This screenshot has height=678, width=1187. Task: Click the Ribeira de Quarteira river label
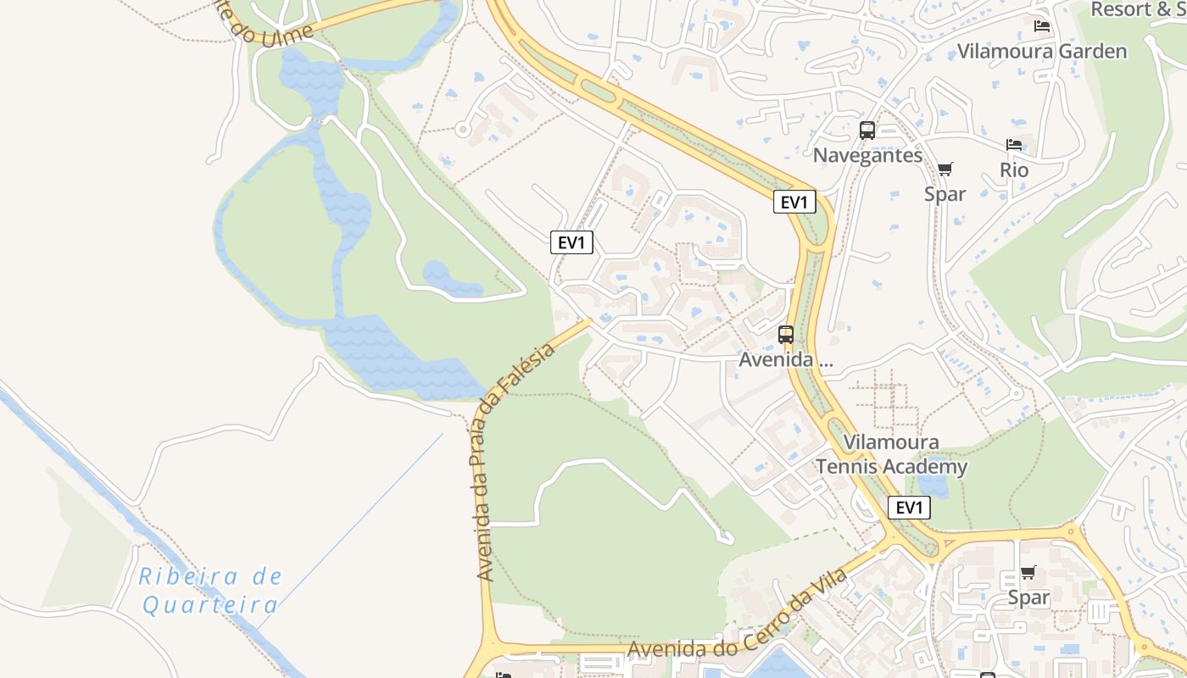pyautogui.click(x=210, y=591)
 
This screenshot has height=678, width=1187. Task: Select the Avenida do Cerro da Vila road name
pyautogui.click(x=737, y=622)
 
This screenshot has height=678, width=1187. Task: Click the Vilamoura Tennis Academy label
pyautogui.click(x=891, y=454)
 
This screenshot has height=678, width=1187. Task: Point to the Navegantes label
pyautogui.click(x=867, y=155)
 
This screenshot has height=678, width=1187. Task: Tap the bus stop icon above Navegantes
pyautogui.click(x=867, y=131)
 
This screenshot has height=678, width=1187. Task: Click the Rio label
pyautogui.click(x=1014, y=169)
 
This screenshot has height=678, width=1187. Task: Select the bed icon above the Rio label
pyautogui.click(x=1014, y=145)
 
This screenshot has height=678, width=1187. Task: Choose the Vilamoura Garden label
pyautogui.click(x=1042, y=51)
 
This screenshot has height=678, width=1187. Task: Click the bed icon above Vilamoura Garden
pyautogui.click(x=1042, y=26)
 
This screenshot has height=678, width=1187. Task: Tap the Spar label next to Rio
pyautogui.click(x=945, y=194)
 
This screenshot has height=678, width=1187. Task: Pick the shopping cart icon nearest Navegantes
pyautogui.click(x=945, y=169)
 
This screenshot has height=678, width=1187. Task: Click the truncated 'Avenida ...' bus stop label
pyautogui.click(x=786, y=359)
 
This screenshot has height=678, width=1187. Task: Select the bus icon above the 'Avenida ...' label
pyautogui.click(x=786, y=335)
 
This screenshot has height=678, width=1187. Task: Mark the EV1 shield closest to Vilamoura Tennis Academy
pyautogui.click(x=909, y=508)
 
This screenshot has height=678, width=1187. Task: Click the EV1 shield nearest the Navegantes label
pyautogui.click(x=794, y=202)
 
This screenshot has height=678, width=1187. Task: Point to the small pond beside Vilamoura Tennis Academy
pyautogui.click(x=933, y=486)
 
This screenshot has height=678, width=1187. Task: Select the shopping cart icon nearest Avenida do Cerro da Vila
pyautogui.click(x=1028, y=573)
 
